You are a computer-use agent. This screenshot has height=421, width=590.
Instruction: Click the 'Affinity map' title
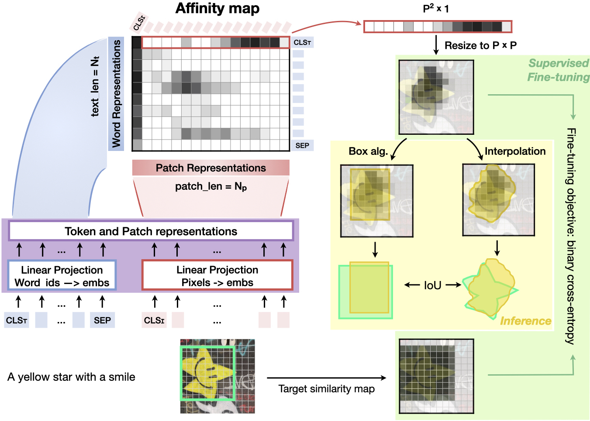217,9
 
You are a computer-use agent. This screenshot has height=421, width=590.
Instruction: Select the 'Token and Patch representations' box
151,231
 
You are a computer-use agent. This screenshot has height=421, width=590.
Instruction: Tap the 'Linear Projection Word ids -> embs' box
62,276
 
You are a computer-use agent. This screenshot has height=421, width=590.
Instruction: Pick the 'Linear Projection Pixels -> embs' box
217,276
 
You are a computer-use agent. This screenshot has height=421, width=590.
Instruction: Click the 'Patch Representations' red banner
210,168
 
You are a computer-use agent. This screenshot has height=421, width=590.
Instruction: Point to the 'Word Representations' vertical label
116,94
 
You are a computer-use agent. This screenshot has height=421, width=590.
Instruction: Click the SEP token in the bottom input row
102,320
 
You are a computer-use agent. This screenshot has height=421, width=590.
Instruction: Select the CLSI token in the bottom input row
154,320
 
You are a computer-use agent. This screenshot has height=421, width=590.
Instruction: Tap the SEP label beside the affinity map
302,145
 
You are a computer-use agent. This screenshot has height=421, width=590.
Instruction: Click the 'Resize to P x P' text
480,45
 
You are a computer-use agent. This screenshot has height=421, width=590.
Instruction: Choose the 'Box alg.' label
368,151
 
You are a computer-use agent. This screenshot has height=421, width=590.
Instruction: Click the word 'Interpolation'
515,151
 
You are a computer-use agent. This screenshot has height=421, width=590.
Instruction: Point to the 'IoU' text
432,285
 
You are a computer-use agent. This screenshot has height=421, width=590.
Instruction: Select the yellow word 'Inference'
525,321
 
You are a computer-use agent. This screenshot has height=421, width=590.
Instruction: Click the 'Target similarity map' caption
326,389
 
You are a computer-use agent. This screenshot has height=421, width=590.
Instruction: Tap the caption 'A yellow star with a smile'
71,377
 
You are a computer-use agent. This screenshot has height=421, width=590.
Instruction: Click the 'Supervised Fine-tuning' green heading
558,70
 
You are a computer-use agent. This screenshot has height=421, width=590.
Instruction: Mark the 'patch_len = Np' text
211,187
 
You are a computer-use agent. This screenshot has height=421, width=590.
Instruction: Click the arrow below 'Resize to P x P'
436,45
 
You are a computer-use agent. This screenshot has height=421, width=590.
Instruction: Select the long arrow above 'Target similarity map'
326,378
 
